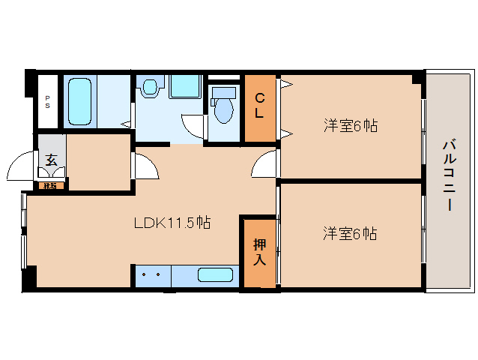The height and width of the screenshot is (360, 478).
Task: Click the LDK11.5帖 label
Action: click(x=172, y=223)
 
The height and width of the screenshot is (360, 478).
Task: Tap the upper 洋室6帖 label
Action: click(x=350, y=126)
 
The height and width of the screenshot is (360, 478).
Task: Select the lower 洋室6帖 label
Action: click(x=350, y=234)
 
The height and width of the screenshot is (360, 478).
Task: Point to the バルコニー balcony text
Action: click(x=448, y=175)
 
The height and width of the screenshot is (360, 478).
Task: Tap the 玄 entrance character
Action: click(x=51, y=160)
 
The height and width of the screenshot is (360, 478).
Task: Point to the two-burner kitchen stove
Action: click(x=153, y=274)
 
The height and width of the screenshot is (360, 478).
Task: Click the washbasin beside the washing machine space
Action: click(x=150, y=88)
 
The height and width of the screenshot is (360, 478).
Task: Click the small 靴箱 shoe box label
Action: click(x=50, y=184)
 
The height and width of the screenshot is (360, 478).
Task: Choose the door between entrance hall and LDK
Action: click(x=145, y=166)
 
